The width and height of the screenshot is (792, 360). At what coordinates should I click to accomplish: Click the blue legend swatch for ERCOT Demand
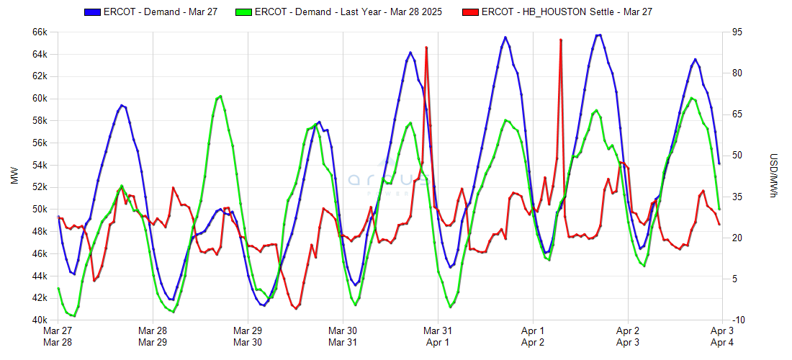click(93, 12)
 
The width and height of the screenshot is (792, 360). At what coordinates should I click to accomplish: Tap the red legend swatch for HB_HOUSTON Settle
click(471, 12)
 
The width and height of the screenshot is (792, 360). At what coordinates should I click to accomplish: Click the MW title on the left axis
click(14, 176)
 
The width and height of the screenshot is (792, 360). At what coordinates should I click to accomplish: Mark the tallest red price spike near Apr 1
click(561, 40)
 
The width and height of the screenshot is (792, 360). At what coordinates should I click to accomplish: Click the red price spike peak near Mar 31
click(426, 48)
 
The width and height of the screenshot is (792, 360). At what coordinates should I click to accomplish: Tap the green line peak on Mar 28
click(219, 96)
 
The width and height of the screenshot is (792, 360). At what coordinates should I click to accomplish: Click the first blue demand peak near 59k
click(122, 105)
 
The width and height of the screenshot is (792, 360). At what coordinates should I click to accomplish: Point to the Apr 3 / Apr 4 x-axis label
click(722, 336)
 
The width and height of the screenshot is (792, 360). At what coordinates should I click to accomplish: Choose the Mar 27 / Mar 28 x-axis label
click(58, 336)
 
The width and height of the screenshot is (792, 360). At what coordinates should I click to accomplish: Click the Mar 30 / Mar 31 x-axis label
click(343, 336)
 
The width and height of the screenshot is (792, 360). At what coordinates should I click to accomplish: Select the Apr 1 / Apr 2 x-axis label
click(533, 336)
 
